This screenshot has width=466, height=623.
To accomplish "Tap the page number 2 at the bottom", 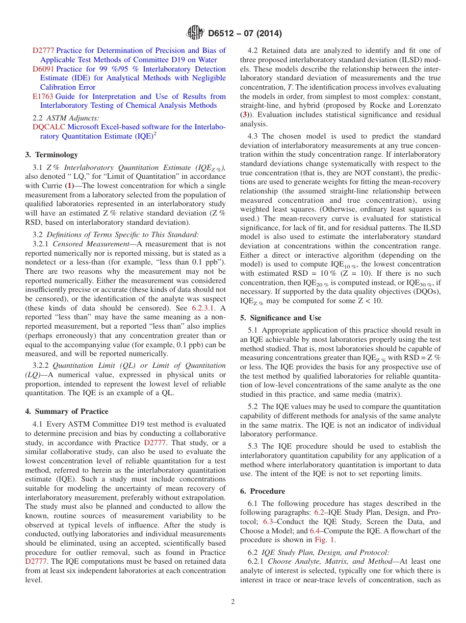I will point(233,601).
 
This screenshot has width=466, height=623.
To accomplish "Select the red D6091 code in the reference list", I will point(43,69).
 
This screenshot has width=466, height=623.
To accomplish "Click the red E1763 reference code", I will point(43,96).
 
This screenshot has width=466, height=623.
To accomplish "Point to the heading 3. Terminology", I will point(52,155).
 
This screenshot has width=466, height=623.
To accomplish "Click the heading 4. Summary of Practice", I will point(67,411).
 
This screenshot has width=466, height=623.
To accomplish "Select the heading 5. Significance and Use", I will point(281,318).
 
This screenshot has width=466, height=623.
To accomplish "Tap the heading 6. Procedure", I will point(262,491).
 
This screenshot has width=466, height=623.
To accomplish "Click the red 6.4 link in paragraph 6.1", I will point(314,531).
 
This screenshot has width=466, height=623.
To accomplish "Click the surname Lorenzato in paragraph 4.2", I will point(424,106).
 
